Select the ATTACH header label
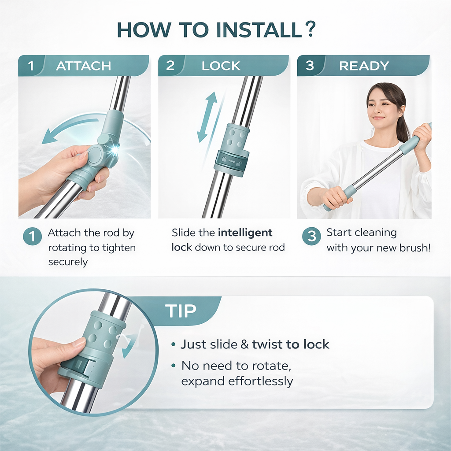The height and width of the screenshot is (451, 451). tap(83, 66)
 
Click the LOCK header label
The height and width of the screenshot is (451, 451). tap(221, 66)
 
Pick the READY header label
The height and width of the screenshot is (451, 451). tap(364, 66)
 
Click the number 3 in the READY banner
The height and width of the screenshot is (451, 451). tap(310, 66)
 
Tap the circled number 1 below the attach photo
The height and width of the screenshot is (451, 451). tap(32, 237)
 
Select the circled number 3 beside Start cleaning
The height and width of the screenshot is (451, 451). tap(311, 237)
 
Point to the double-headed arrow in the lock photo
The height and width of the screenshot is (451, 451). tap(207, 117)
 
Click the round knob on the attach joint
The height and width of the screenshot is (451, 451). tap(95, 155)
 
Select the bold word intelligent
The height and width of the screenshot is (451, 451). tap(245, 233)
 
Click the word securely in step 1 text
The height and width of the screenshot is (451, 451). tap(68, 262)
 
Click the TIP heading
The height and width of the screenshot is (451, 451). tap(181, 311)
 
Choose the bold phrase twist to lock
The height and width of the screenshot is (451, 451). tap(290, 344)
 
